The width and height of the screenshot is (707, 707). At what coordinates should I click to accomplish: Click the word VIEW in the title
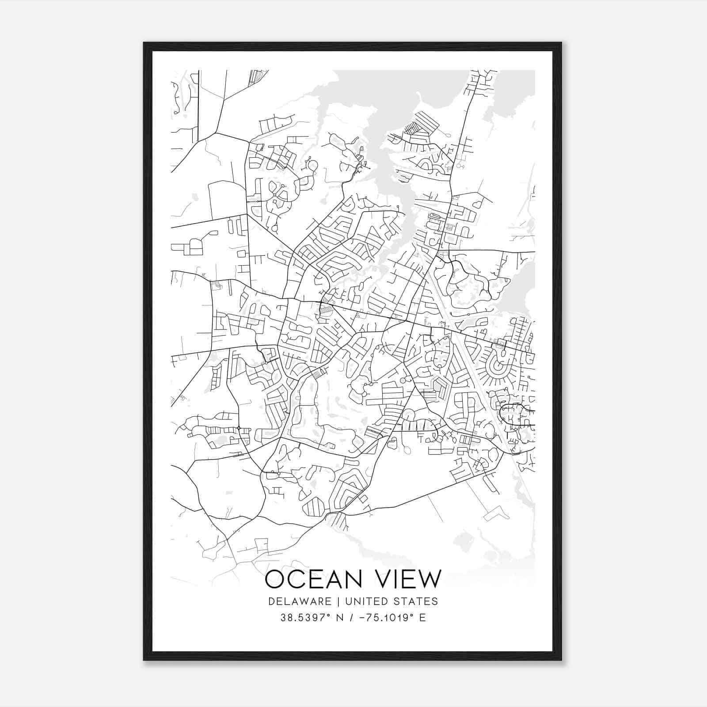pyautogui.click(x=409, y=579)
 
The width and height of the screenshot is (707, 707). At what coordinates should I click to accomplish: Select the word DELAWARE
pyautogui.click(x=300, y=601)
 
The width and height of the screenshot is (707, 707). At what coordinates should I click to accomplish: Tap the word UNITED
pyautogui.click(x=363, y=601)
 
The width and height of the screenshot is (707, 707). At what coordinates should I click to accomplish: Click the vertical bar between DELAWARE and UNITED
pyautogui.click(x=338, y=601)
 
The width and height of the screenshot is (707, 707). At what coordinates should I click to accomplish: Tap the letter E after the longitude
pyautogui.click(x=423, y=618)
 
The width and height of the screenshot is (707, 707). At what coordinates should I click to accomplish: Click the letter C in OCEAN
pyautogui.click(x=300, y=579)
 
